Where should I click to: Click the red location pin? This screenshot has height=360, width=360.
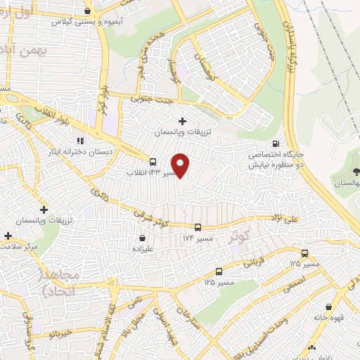181,165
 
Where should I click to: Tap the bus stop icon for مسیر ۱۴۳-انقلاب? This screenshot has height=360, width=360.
153,162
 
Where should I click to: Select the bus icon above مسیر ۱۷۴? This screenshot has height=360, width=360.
198,227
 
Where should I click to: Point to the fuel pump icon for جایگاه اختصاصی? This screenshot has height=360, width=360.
284,139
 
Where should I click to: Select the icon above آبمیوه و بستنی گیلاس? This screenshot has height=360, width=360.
86,11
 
